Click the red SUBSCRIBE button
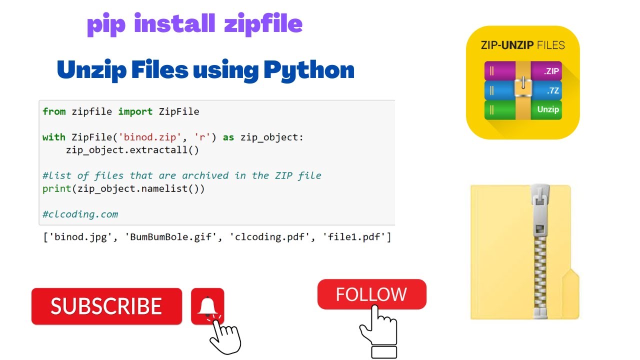click(106, 306)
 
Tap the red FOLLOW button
click(371, 294)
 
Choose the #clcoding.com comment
click(80, 214)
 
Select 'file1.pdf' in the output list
click(356, 237)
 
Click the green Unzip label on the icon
click(547, 109)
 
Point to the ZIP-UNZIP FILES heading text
click(522, 45)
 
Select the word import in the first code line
click(135, 111)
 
